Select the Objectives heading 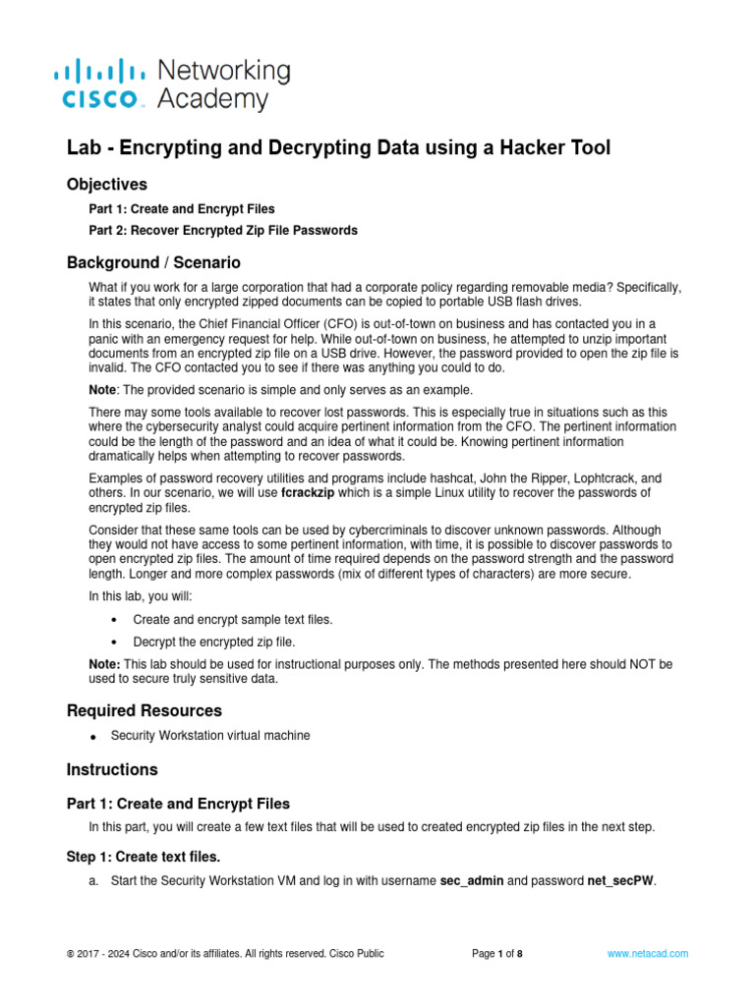pos(107,184)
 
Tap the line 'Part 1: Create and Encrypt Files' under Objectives pos(182,209)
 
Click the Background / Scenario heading pos(153,263)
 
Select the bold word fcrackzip pos(312,491)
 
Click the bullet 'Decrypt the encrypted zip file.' pos(213,642)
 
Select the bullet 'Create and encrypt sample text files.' pos(232,620)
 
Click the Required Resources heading pos(145,710)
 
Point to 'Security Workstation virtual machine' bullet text pos(210,735)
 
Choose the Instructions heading pos(111,769)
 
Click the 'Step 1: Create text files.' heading pos(144,856)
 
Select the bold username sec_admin pos(471,880)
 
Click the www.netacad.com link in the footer pos(647,953)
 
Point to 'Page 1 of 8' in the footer pos(496,953)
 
